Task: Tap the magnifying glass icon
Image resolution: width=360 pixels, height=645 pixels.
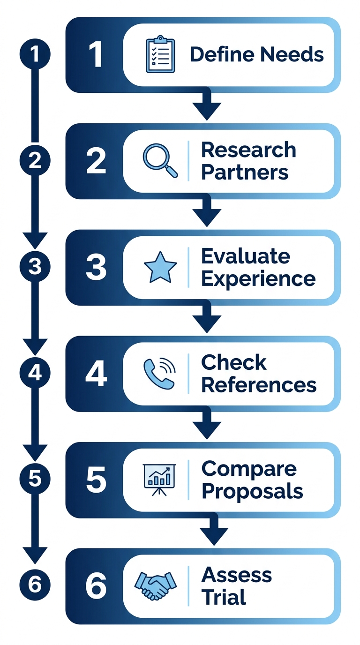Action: click(x=160, y=161)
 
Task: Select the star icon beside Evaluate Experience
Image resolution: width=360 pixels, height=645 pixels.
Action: click(x=160, y=267)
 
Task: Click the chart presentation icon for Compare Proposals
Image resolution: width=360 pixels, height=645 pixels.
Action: click(x=159, y=480)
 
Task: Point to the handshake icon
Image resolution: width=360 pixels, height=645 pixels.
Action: click(x=155, y=585)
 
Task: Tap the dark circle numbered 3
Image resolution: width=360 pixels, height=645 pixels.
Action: click(x=34, y=267)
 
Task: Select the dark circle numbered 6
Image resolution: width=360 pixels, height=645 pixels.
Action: click(x=34, y=585)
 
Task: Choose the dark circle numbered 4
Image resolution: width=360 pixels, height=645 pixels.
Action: click(x=34, y=374)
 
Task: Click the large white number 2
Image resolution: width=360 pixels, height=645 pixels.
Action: click(x=96, y=161)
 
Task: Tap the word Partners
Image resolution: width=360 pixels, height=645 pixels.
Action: click(x=245, y=172)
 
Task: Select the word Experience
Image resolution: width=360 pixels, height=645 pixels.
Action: click(x=258, y=279)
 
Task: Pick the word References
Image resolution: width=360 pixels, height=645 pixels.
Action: click(x=259, y=385)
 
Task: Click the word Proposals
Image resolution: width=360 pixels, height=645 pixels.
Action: click(x=252, y=491)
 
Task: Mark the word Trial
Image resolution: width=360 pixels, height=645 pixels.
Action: click(x=224, y=597)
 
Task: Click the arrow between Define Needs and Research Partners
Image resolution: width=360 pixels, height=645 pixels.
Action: click(x=207, y=105)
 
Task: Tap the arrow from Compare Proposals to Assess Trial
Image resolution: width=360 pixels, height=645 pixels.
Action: click(x=214, y=531)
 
